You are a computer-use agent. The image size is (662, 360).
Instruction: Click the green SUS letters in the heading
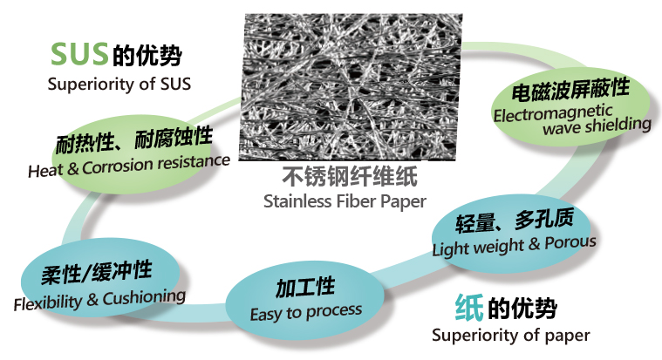(79, 54)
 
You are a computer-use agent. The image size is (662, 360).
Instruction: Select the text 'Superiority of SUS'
(119, 84)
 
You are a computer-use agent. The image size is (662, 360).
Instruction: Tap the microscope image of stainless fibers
(351, 87)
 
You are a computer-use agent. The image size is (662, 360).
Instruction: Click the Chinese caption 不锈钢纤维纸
(350, 176)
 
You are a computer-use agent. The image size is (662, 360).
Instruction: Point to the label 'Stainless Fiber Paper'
(345, 201)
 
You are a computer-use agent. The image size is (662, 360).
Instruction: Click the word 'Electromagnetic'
(553, 112)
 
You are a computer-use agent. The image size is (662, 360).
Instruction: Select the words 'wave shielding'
(597, 126)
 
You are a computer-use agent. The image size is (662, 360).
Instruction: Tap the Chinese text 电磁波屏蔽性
(570, 90)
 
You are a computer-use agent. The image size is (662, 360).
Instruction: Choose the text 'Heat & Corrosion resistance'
(129, 166)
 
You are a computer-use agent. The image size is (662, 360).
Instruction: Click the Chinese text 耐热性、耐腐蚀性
(134, 139)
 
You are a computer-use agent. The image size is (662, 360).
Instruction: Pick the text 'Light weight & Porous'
(515, 245)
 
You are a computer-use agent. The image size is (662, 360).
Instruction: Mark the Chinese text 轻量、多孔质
(515, 221)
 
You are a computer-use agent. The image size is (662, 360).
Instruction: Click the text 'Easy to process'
(306, 313)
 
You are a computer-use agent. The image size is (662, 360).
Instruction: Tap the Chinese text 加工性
(305, 288)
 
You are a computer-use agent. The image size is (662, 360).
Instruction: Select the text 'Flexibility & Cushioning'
(99, 300)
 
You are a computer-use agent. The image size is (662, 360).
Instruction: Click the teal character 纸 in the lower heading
(469, 308)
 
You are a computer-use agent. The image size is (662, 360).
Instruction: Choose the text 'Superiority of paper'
(511, 336)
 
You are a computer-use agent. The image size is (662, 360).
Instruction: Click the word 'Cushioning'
(145, 297)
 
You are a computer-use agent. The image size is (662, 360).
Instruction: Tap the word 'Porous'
(570, 242)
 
